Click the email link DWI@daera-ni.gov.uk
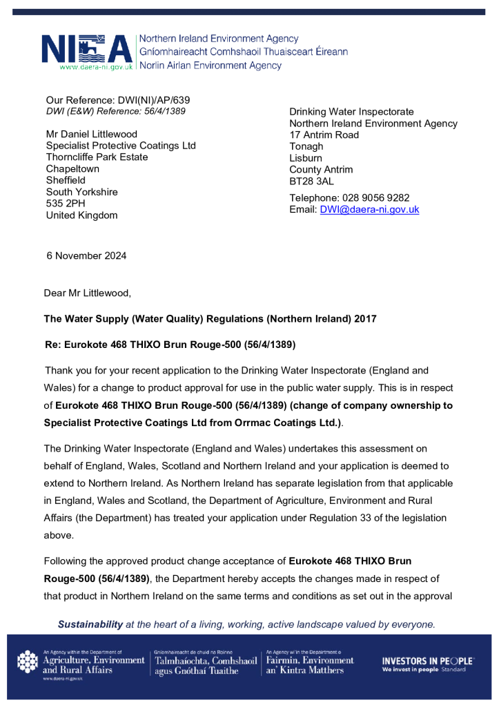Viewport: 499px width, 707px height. pyautogui.click(x=369, y=210)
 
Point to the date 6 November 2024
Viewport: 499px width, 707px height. pyautogui.click(x=86, y=255)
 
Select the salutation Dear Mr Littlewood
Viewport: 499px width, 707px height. pyautogui.click(x=87, y=293)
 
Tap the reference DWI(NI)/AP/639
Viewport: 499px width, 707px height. pyautogui.click(x=146, y=99)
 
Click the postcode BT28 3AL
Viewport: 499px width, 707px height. pyautogui.click(x=311, y=182)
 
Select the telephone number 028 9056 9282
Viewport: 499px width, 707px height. pyautogui.click(x=375, y=197)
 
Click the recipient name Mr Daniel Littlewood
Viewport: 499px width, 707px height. pyautogui.click(x=91, y=134)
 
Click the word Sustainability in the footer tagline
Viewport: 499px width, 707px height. pyautogui.click(x=90, y=624)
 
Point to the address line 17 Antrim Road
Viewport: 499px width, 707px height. pyautogui.click(x=324, y=135)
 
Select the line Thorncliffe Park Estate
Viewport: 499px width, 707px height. pyautogui.click(x=97, y=157)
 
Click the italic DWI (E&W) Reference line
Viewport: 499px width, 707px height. pyautogui.click(x=115, y=111)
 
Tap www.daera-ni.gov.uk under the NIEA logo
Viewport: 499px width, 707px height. pyautogui.click(x=95, y=67)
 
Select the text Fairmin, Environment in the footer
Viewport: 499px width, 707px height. pyautogui.click(x=309, y=661)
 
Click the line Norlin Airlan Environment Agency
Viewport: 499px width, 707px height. pyautogui.click(x=211, y=66)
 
